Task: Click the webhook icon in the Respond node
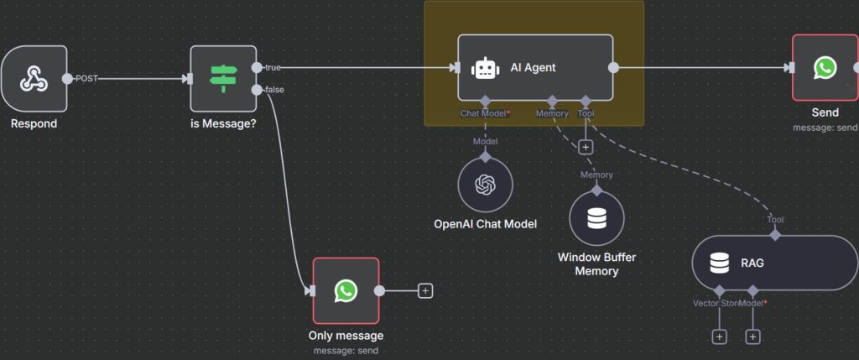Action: point(34,79)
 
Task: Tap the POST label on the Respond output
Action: point(86,79)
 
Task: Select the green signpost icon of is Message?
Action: point(223,78)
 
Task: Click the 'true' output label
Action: point(273,67)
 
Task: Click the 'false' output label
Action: point(274,90)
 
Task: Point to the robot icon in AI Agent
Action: point(485,68)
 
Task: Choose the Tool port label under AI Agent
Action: point(586,112)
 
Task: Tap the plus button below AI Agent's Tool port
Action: point(586,147)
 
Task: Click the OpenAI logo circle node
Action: point(486,185)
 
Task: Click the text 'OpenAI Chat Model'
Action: point(486,224)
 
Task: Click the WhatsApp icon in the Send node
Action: point(825,68)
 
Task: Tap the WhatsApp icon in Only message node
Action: point(346,290)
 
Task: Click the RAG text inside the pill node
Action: point(752,263)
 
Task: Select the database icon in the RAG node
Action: point(719,263)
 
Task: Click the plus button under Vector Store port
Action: point(719,337)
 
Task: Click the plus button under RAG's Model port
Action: point(752,337)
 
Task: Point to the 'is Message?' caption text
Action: point(223,124)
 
